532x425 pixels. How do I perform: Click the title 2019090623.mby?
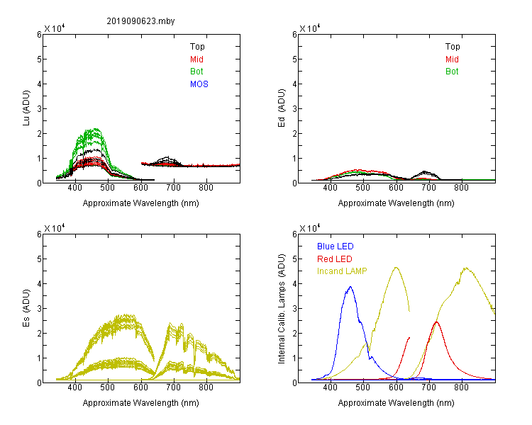pyautogui.click(x=140, y=21)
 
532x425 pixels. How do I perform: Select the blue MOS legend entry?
pyautogui.click(x=199, y=84)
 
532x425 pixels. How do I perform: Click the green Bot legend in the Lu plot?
pyautogui.click(x=196, y=72)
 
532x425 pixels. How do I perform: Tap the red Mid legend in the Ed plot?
pyautogui.click(x=452, y=59)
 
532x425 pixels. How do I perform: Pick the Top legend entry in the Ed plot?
pyautogui.click(x=453, y=47)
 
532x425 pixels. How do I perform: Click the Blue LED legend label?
pyautogui.click(x=336, y=246)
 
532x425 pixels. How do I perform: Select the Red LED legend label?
pyautogui.click(x=335, y=259)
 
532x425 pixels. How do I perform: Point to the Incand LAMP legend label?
pyautogui.click(x=342, y=271)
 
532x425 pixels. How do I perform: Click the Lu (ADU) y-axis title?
pyautogui.click(x=26, y=108)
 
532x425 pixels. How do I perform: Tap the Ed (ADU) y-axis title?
pyautogui.click(x=282, y=108)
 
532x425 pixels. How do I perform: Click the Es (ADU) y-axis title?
pyautogui.click(x=26, y=308)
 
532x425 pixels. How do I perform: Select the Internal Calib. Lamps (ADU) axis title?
pyautogui.click(x=282, y=309)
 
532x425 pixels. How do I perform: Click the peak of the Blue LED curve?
pyautogui.click(x=350, y=287)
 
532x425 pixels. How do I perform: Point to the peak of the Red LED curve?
pyautogui.click(x=436, y=322)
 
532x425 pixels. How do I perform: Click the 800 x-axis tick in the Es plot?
pyautogui.click(x=206, y=387)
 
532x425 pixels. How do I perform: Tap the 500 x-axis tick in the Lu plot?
pyautogui.click(x=108, y=188)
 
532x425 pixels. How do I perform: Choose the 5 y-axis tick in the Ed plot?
pyautogui.click(x=294, y=59)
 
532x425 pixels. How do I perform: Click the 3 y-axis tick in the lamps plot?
pyautogui.click(x=294, y=308)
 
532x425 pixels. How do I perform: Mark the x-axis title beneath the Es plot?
pyautogui.click(x=141, y=403)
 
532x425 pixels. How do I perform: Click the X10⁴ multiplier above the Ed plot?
pyautogui.click(x=309, y=28)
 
